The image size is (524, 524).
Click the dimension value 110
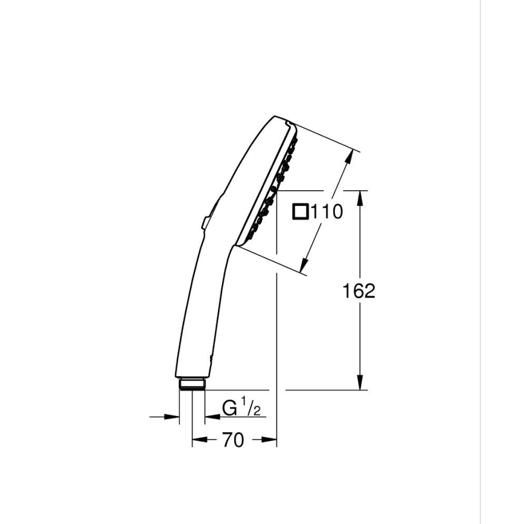click(327, 212)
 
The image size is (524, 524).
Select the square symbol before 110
click(300, 211)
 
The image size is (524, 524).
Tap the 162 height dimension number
click(359, 291)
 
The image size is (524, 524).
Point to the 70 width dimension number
click(233, 441)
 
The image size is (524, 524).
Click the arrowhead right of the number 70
click(270, 441)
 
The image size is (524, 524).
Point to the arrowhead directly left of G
click(212, 416)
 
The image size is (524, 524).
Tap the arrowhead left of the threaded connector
click(173, 416)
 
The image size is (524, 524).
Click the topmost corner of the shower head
click(276, 116)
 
